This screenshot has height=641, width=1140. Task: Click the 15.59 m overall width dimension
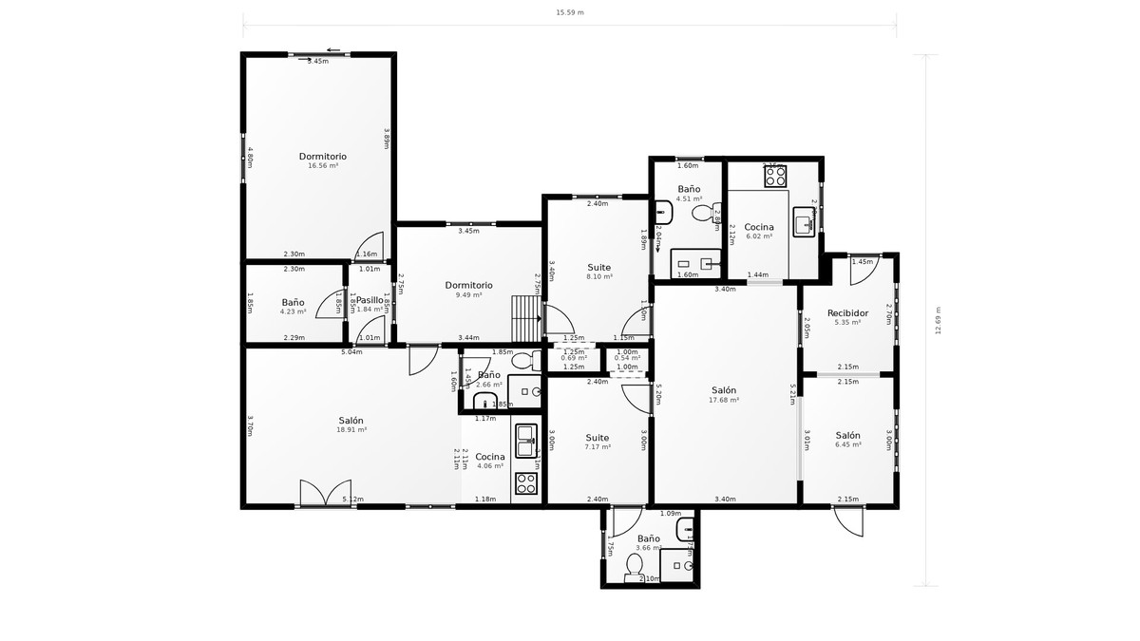pos(569,13)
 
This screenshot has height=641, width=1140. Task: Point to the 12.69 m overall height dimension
pos(938,320)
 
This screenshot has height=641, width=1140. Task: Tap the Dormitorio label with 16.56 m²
pos(323,157)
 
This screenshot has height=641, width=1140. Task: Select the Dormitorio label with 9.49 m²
pos(468,286)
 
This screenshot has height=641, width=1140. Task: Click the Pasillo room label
pos(369,301)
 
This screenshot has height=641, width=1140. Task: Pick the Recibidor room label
pos(847,313)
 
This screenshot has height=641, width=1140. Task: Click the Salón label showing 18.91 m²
pos(351,422)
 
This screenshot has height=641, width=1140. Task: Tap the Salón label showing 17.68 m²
pos(724,390)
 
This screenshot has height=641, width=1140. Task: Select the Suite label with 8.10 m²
pos(598,269)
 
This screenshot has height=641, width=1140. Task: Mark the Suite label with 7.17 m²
pos(598,439)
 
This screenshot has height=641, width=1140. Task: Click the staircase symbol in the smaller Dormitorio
pos(525,318)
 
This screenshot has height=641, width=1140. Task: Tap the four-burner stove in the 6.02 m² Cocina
pos(775,176)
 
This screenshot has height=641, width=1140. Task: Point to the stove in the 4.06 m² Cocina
pos(525,483)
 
